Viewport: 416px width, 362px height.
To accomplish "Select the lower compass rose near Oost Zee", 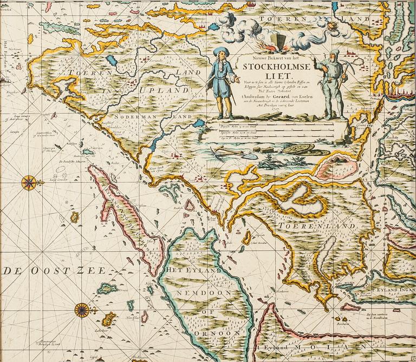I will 82,310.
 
